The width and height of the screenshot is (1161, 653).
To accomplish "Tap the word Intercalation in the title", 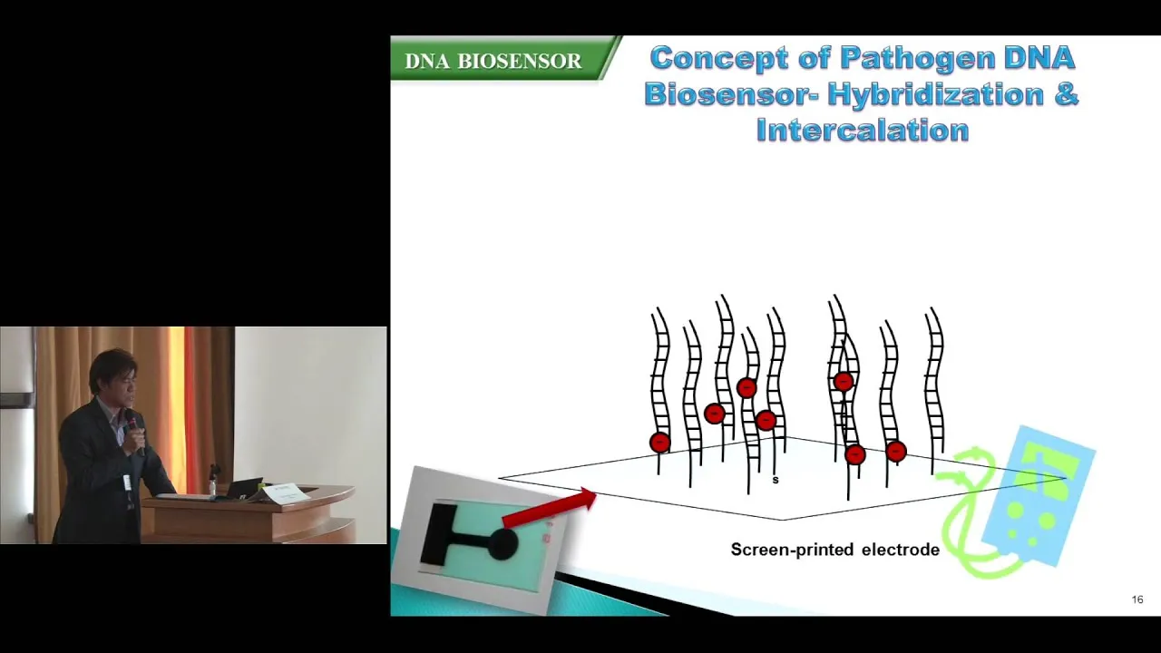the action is click(x=863, y=130).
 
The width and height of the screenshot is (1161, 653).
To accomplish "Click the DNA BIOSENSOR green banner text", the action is click(x=493, y=61).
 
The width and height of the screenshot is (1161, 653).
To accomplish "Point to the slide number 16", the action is click(x=1137, y=599).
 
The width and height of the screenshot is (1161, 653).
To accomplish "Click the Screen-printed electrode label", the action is click(x=835, y=550).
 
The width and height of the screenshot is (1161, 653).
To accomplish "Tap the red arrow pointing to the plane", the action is click(x=550, y=507).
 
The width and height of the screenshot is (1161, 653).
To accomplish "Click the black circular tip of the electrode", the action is click(x=502, y=543).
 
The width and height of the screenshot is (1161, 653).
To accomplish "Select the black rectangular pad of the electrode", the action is click(x=438, y=534).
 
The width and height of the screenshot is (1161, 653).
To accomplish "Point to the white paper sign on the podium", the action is click(x=285, y=492).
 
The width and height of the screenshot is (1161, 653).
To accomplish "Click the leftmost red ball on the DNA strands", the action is click(x=659, y=443).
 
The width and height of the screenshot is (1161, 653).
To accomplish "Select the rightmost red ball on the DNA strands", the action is click(x=896, y=452).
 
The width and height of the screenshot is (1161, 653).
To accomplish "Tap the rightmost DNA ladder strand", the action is click(x=934, y=389).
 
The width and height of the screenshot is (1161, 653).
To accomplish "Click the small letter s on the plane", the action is click(x=776, y=480).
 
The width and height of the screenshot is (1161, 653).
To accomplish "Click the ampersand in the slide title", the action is click(x=1065, y=95).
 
